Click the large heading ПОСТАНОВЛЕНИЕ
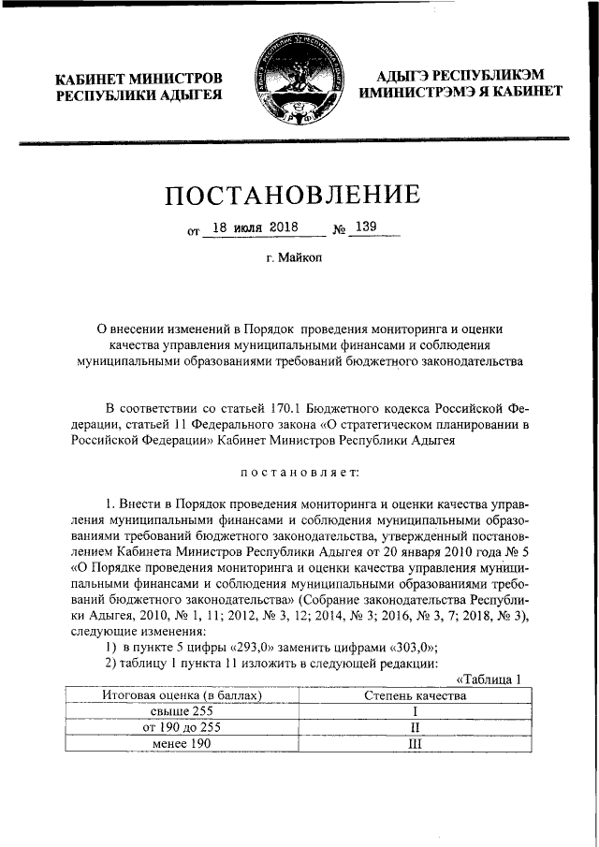tap(293, 195)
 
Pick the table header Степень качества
tap(414, 695)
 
